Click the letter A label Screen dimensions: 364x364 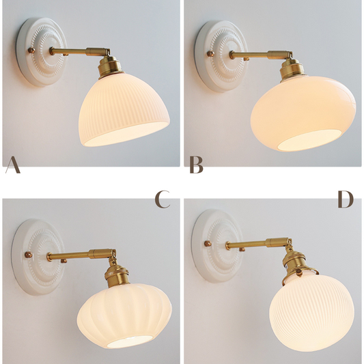12,165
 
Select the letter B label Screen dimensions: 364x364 196,165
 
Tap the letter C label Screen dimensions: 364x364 163,199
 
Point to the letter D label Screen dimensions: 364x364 346,199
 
